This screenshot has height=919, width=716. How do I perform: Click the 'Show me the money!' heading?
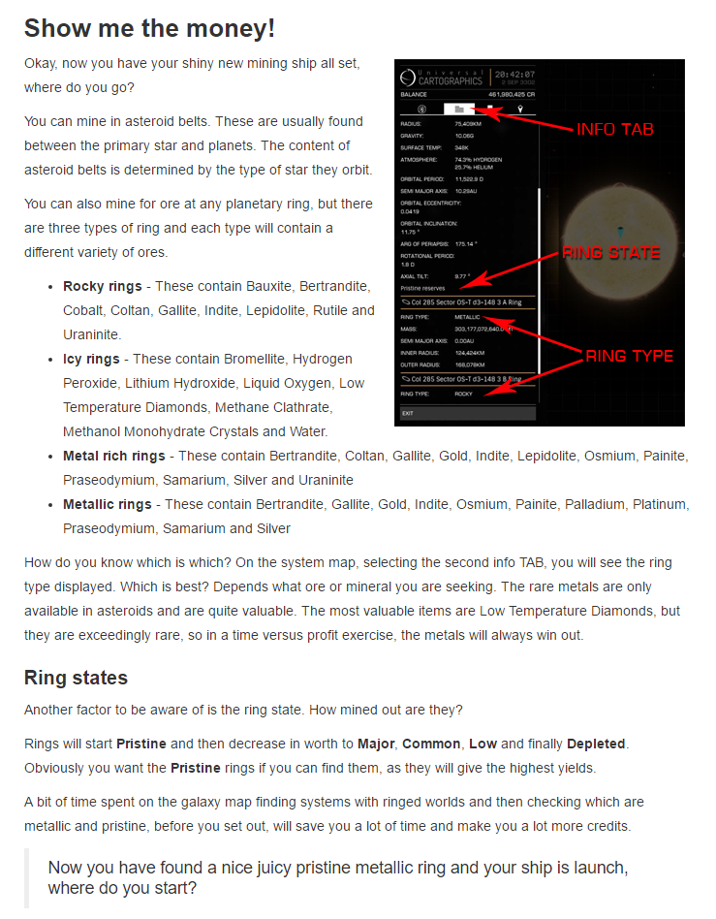click(x=149, y=28)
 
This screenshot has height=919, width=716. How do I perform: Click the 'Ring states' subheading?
click(x=76, y=677)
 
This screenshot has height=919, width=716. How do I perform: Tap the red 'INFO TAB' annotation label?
click(x=614, y=130)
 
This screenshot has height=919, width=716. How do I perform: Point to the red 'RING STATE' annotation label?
click(x=610, y=253)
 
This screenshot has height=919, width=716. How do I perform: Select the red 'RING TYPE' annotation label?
click(x=629, y=356)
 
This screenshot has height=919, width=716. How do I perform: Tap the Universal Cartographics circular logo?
click(x=408, y=77)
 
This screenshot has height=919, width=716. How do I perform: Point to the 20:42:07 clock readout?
click(x=514, y=75)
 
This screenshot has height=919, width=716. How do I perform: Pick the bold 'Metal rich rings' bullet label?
click(x=114, y=456)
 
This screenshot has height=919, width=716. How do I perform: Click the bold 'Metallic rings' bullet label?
click(x=108, y=504)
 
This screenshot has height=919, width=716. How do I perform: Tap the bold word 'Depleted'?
click(x=596, y=745)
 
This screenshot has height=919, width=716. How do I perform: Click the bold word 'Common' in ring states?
click(x=431, y=745)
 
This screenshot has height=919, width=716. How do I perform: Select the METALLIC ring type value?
click(x=467, y=317)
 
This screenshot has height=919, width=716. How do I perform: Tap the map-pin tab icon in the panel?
click(x=520, y=110)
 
